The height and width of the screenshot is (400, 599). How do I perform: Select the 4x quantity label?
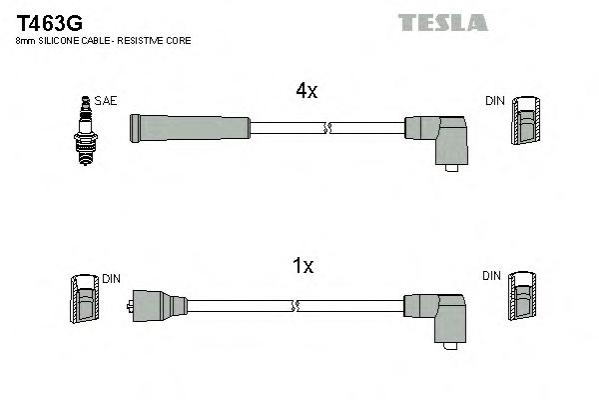(x=305, y=91)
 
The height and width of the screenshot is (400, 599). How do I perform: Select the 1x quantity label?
(x=303, y=266)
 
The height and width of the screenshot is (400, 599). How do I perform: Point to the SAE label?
(x=105, y=101)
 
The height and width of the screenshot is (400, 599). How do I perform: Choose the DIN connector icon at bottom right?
(x=521, y=301)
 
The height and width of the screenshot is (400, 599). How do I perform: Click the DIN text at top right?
(x=495, y=101)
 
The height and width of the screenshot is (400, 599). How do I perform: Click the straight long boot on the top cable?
(x=190, y=127)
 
